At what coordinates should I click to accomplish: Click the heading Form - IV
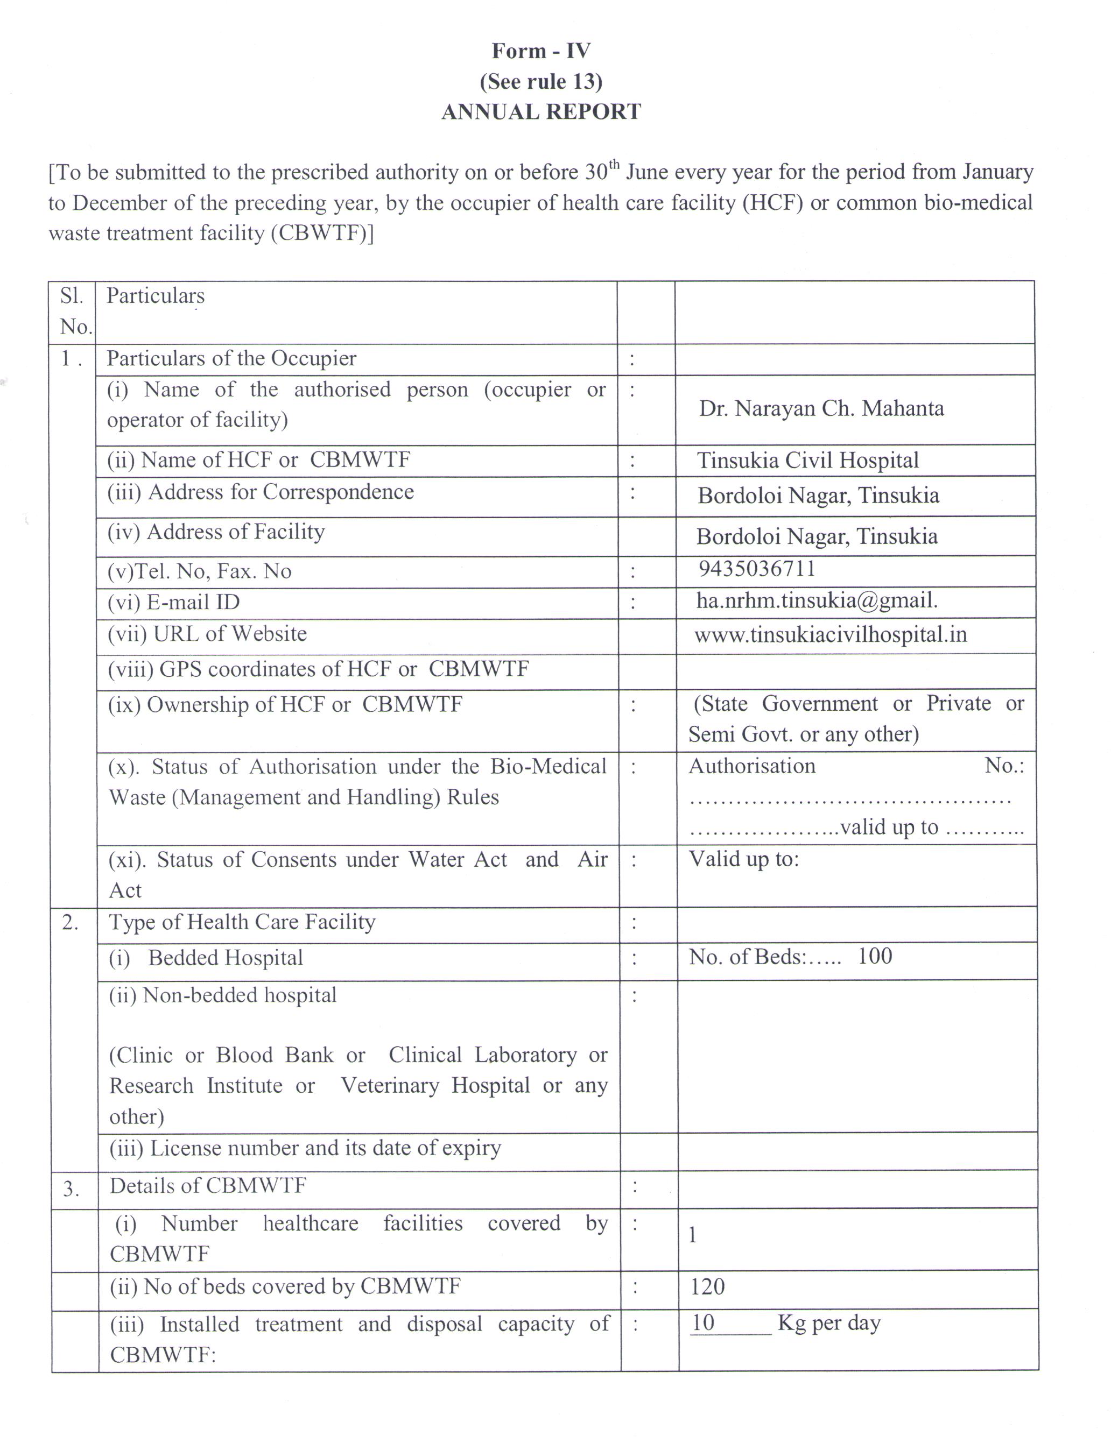540,51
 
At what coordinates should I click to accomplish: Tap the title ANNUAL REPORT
540,112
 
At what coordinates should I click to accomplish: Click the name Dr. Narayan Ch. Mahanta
821,408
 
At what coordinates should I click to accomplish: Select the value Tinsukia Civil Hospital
807,461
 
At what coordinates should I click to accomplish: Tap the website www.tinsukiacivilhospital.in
830,635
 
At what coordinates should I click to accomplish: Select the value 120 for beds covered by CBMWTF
707,1286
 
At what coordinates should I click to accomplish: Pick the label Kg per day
829,1322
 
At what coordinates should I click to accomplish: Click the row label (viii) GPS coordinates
318,669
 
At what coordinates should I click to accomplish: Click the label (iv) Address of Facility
216,532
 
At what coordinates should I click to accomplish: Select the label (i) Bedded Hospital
206,958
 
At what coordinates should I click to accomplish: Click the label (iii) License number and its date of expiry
305,1148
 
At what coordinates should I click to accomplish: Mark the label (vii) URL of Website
207,634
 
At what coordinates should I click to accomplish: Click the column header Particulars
156,296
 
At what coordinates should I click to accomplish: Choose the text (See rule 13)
540,81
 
